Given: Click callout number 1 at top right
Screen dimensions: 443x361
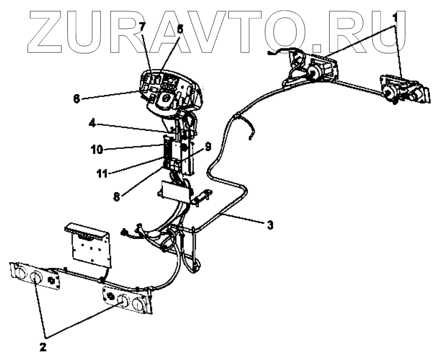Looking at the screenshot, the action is [x=395, y=16].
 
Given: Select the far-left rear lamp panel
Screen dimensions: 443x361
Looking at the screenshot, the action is [x=36, y=276].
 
